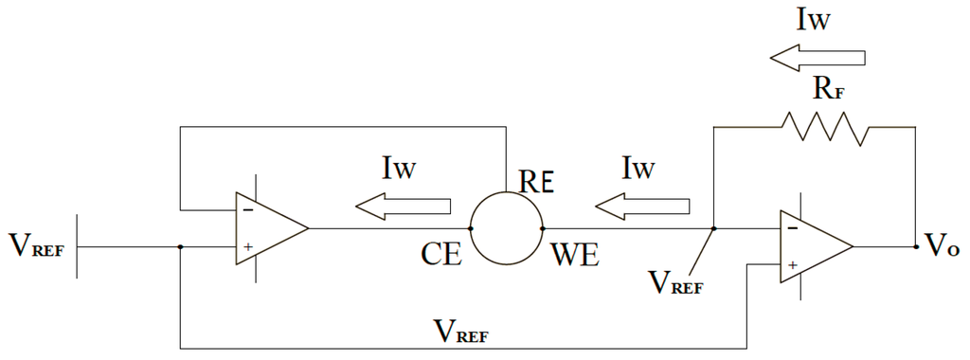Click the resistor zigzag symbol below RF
click(x=821, y=128)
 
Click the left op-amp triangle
click(x=269, y=228)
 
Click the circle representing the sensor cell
click(x=506, y=228)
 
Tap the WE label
click(x=573, y=257)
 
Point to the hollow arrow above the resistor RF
click(x=817, y=58)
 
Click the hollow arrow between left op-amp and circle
click(x=404, y=206)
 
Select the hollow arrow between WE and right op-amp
click(x=643, y=206)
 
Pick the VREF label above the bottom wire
click(x=465, y=331)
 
